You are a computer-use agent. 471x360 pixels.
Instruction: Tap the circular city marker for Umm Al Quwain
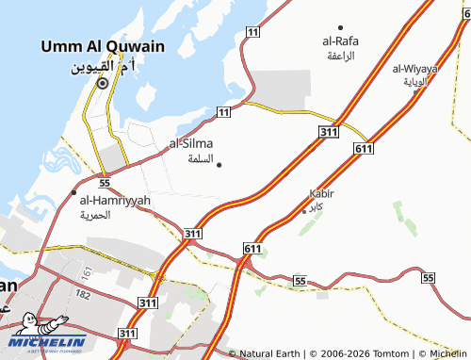pos(102,83)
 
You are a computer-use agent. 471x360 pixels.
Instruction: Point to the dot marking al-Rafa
pos(340,27)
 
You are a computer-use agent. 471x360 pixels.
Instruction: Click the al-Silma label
pos(191,143)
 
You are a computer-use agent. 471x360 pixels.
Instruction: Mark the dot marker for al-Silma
pos(219,165)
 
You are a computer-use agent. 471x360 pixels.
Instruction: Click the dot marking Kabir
pos(303,210)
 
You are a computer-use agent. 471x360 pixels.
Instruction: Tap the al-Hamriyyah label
pos(115,200)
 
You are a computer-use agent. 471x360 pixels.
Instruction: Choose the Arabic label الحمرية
pos(94,215)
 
